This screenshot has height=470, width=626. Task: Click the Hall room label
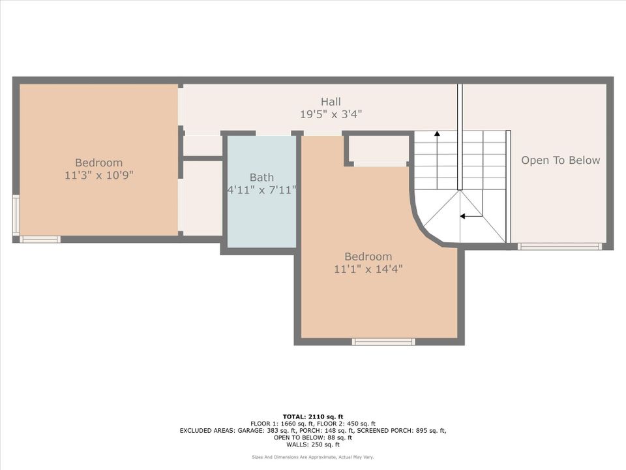[331, 101]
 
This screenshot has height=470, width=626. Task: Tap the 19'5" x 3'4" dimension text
[331, 114]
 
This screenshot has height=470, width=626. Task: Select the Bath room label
[261, 177]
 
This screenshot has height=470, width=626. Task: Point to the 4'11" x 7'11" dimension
[261, 190]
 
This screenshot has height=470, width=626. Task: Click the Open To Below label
[560, 160]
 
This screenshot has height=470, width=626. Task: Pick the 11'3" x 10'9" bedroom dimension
[98, 176]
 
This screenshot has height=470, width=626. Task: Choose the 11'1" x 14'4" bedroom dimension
[368, 269]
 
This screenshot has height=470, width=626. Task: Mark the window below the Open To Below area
[559, 246]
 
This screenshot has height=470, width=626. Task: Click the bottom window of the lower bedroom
[383, 341]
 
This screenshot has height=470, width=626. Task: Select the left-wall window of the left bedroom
[16, 215]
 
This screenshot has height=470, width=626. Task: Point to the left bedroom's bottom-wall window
[40, 240]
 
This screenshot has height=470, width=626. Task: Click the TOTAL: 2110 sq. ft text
[313, 416]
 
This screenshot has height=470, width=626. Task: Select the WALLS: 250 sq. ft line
[313, 445]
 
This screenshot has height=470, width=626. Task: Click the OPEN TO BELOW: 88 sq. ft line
[313, 437]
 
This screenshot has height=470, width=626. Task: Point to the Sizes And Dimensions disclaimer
[313, 457]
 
